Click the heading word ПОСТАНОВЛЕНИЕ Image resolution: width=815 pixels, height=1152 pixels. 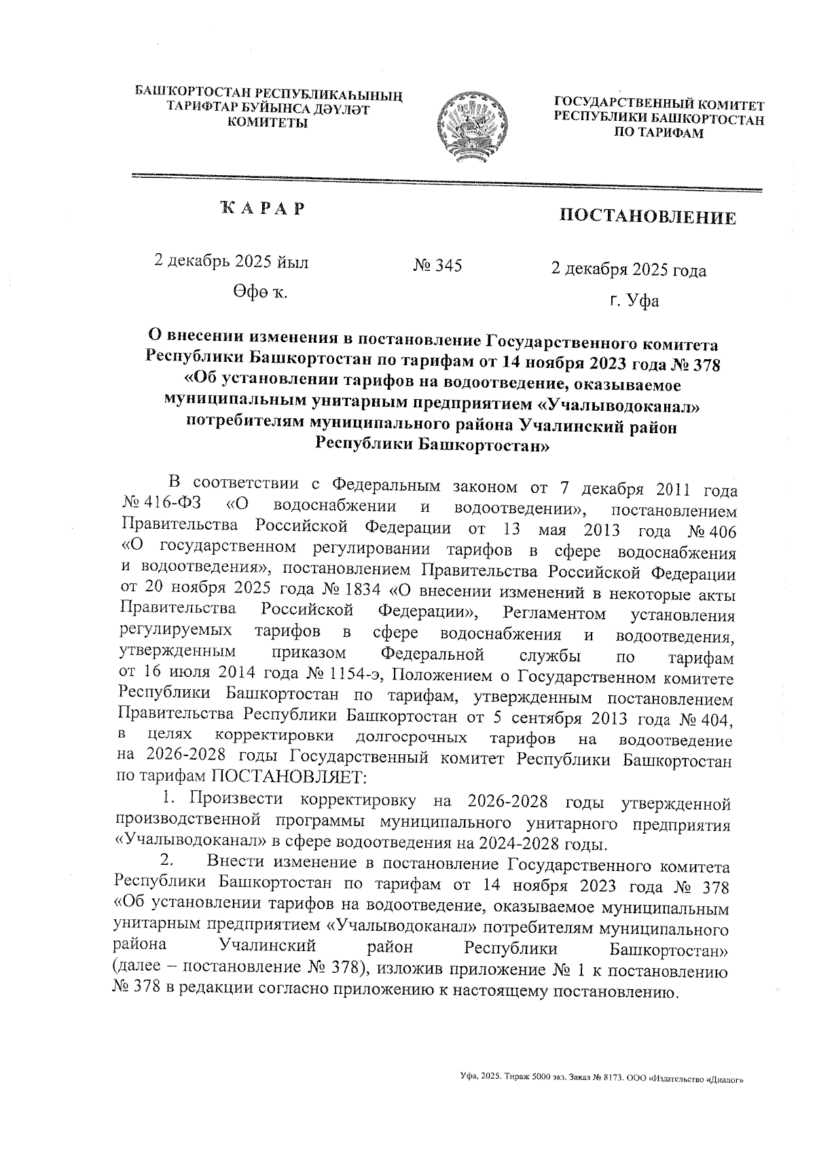coord(647,217)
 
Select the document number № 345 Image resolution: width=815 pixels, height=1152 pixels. coord(437,266)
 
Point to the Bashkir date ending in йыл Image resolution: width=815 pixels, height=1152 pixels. coord(232,262)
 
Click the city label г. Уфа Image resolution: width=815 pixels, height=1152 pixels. coord(634,300)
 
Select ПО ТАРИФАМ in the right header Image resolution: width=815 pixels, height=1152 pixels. coord(659,133)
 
